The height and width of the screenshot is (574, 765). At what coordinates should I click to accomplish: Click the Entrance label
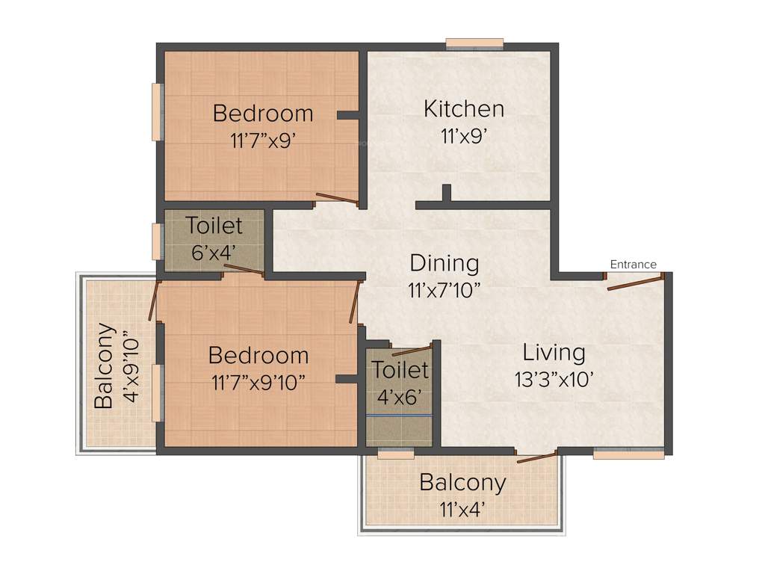[x=633, y=264]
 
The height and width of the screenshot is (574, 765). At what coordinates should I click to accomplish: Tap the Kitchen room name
[x=463, y=108]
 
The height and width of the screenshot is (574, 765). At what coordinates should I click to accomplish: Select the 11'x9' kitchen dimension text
[x=463, y=138]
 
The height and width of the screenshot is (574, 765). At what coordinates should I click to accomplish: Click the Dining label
[x=445, y=263]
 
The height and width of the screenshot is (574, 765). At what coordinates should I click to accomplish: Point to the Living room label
[x=554, y=352]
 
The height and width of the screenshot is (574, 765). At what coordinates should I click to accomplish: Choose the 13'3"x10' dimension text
[x=554, y=380]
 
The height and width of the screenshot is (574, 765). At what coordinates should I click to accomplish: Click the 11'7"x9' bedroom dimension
[x=263, y=141]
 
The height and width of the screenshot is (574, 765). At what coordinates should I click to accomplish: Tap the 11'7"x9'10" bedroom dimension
[x=258, y=383]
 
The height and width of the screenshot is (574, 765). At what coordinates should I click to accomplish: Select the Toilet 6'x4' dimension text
[x=214, y=252]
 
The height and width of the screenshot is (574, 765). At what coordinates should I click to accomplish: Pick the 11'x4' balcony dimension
[x=462, y=510]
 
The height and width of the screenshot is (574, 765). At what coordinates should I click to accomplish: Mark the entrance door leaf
[x=634, y=283]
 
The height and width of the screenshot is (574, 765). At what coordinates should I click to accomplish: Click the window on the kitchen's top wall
[x=474, y=43]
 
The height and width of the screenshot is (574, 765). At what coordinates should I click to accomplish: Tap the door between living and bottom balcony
[x=536, y=457]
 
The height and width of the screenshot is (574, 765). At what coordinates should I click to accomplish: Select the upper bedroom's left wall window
[x=157, y=111]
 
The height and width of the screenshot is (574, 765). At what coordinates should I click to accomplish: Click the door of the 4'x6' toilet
[x=412, y=349]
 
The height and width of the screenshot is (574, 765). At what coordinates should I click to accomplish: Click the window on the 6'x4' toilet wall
[x=157, y=241]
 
